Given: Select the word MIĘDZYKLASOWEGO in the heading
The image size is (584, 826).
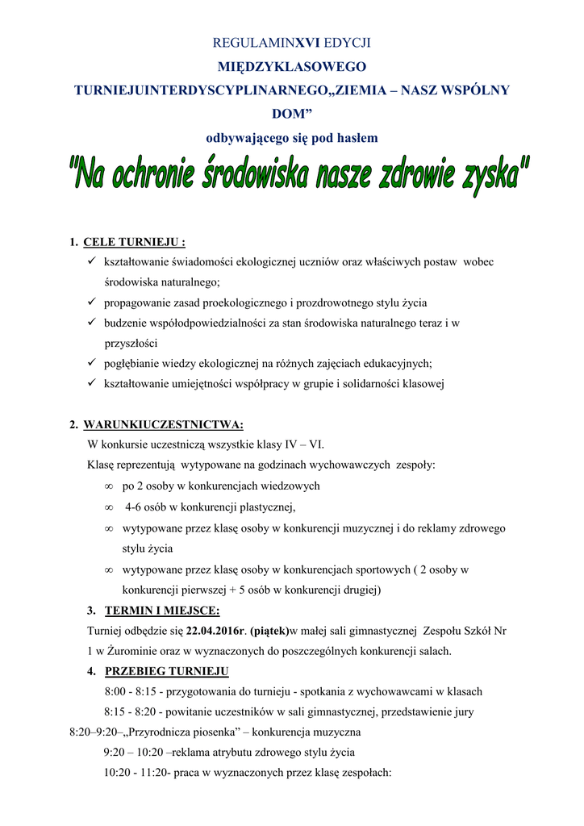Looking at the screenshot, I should pyautogui.click(x=292, y=67).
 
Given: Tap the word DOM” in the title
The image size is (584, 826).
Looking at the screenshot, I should pyautogui.click(x=292, y=115).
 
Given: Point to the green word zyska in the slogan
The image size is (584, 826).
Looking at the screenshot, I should pyautogui.click(x=488, y=176).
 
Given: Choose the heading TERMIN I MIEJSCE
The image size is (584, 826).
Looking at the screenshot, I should pyautogui.click(x=162, y=610).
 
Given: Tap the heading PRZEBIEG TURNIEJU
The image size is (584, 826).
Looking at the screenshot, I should pyautogui.click(x=167, y=671).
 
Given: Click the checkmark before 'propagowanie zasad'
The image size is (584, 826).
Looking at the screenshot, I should pyautogui.click(x=91, y=302).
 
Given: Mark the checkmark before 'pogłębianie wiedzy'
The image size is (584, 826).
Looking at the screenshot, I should pyautogui.click(x=91, y=363).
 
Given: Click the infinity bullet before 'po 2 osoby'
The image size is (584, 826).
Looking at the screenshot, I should pyautogui.click(x=108, y=486).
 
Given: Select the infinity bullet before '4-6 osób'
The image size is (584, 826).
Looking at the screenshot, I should pyautogui.click(x=108, y=507).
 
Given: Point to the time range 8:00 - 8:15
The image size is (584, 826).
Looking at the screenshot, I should pyautogui.click(x=131, y=692).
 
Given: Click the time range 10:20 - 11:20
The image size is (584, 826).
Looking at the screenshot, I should pyautogui.click(x=132, y=773).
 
